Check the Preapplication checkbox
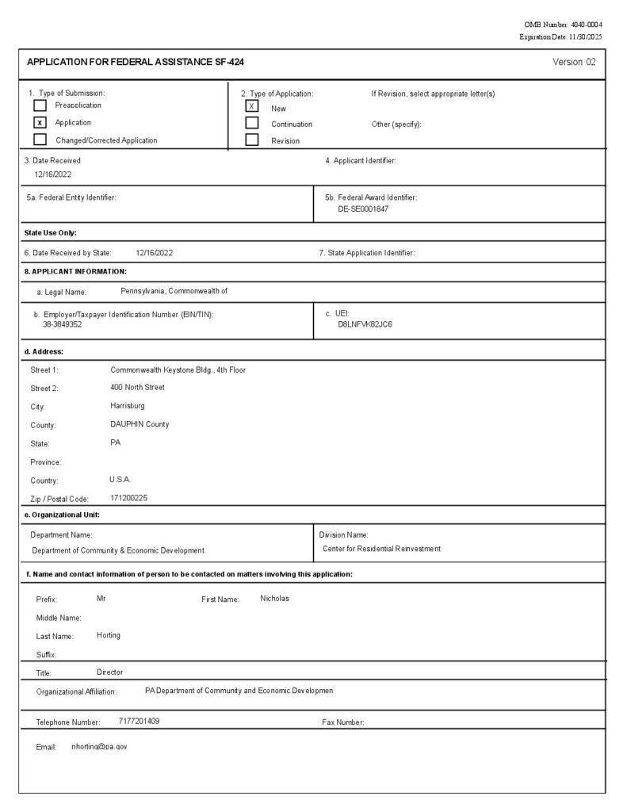point(40,105)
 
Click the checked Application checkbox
point(40,123)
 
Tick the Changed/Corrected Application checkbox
point(40,140)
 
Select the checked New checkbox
point(252,106)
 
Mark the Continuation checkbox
point(252,123)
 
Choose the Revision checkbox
point(252,140)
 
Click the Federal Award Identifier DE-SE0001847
point(363,209)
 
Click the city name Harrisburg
point(128,405)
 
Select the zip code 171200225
point(128,498)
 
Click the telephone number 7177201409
point(139,721)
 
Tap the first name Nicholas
point(274,598)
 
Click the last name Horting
point(109,635)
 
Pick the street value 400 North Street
point(138,387)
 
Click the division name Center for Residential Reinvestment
point(381,549)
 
